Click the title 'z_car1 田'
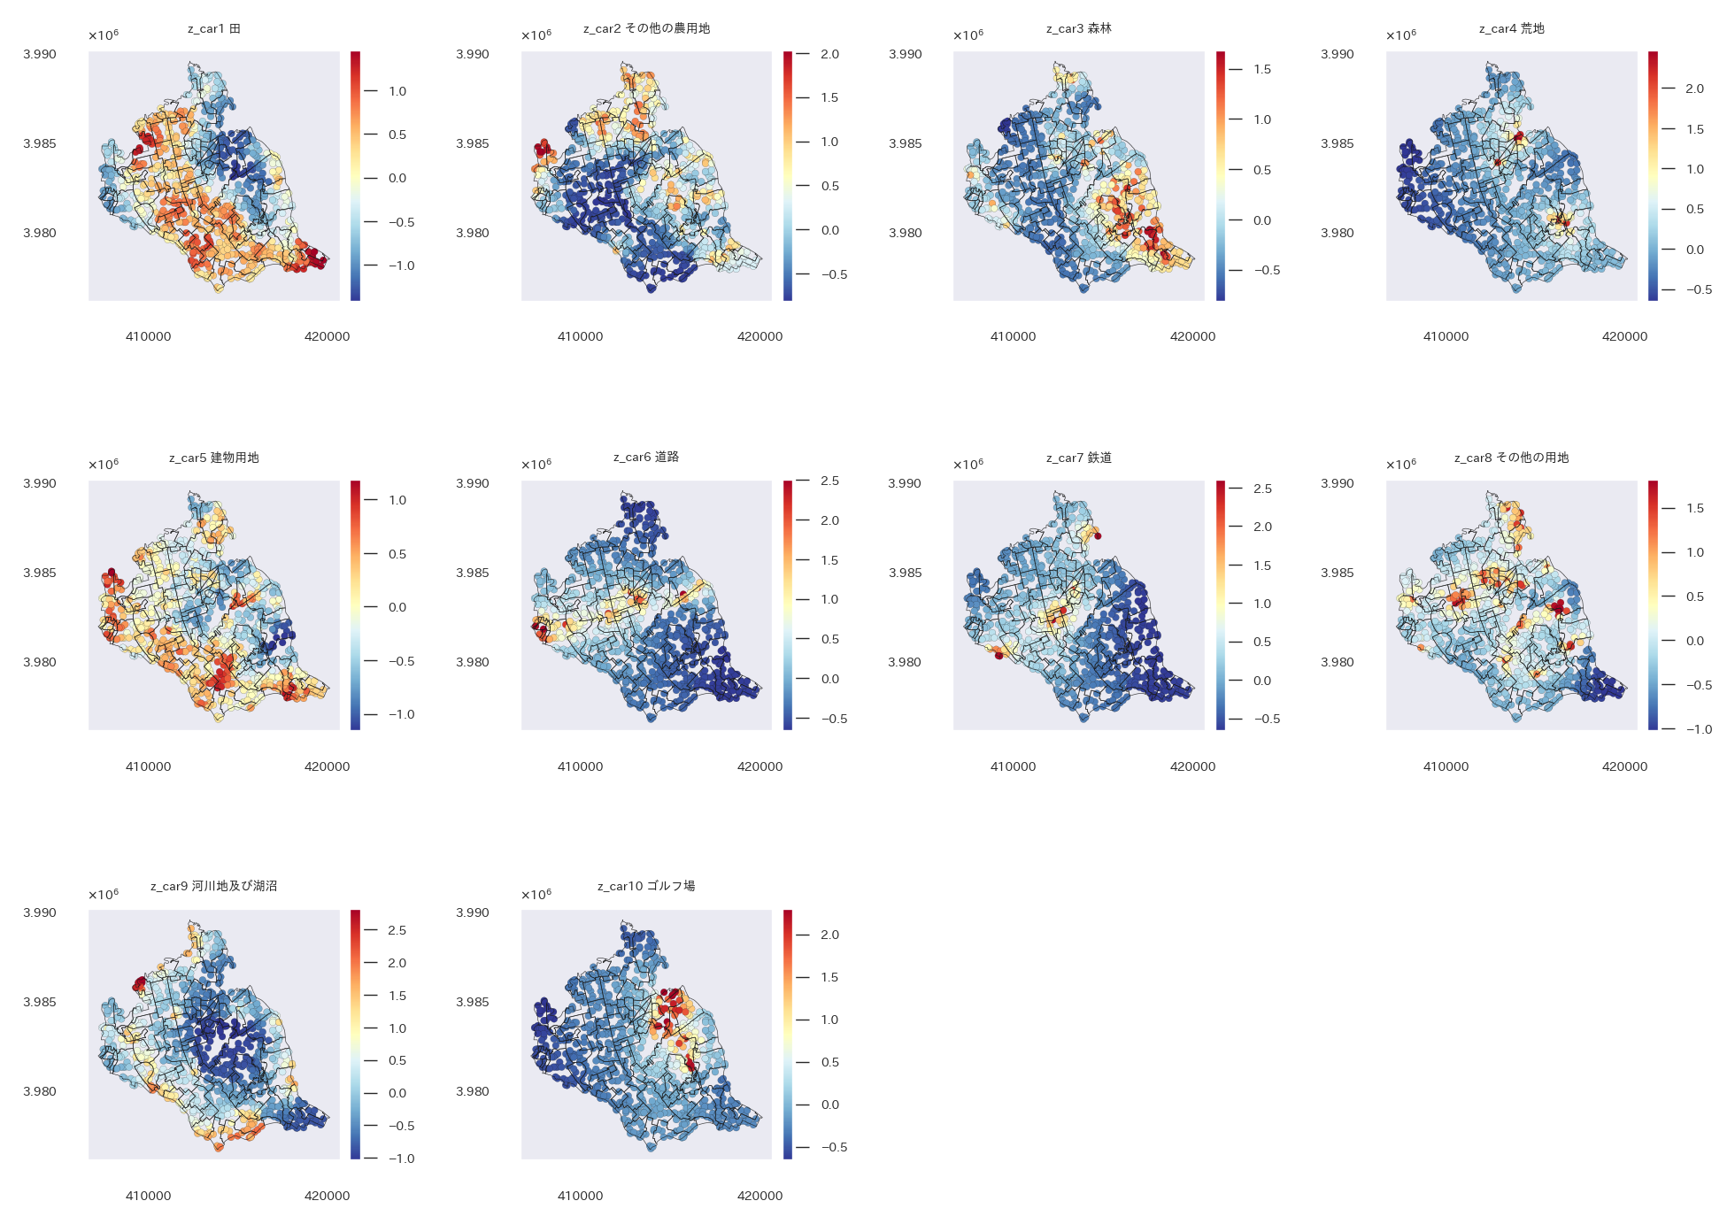click(x=213, y=29)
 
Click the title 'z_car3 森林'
click(x=1078, y=29)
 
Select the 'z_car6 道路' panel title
click(x=646, y=458)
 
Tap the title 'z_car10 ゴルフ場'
click(x=646, y=886)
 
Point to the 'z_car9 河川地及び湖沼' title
click(x=213, y=886)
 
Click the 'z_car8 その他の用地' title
click(x=1511, y=458)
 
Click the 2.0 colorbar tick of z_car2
click(x=829, y=54)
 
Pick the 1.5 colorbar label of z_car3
click(x=1262, y=69)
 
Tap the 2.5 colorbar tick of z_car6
click(x=829, y=481)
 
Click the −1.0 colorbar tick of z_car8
click(x=1699, y=729)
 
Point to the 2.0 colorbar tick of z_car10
click(x=829, y=935)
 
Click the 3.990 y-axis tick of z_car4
click(x=1337, y=54)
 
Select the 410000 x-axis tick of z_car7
click(x=1013, y=766)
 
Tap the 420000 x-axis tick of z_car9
click(x=327, y=1196)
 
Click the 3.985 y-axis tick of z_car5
click(x=40, y=573)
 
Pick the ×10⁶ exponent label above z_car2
click(x=536, y=35)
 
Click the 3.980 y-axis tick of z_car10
click(x=473, y=1091)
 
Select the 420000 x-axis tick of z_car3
click(x=1192, y=336)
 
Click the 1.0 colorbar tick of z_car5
click(x=397, y=500)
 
